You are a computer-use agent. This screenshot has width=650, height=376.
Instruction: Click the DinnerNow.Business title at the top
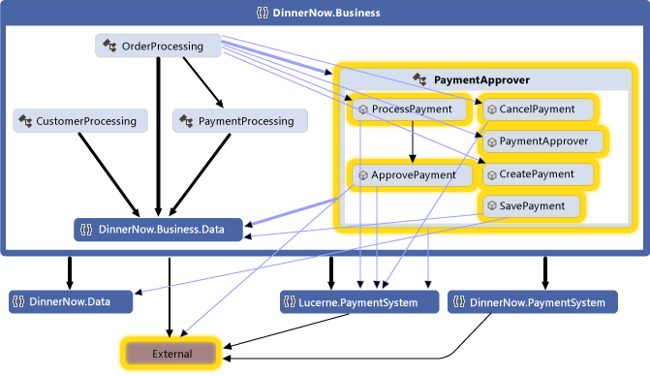(325, 13)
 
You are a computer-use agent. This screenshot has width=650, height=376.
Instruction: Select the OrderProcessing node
(160, 46)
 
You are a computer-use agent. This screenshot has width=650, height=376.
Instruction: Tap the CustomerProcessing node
(80, 121)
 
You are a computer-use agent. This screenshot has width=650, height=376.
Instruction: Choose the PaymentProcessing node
(240, 121)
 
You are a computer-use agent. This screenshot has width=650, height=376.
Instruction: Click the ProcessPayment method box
(404, 110)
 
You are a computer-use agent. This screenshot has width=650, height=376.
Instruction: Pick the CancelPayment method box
(536, 110)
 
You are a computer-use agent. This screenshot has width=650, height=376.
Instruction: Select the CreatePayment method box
(536, 174)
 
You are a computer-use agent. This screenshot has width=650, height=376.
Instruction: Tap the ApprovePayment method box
(411, 175)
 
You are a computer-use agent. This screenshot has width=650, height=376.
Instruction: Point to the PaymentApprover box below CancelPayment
(542, 141)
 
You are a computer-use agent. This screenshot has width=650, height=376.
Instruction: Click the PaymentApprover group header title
(480, 79)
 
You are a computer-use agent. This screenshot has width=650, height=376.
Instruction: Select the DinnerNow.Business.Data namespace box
(159, 230)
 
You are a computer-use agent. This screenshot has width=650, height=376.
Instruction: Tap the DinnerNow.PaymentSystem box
(532, 302)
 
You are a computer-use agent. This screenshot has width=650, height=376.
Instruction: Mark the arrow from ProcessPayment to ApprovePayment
(414, 141)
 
